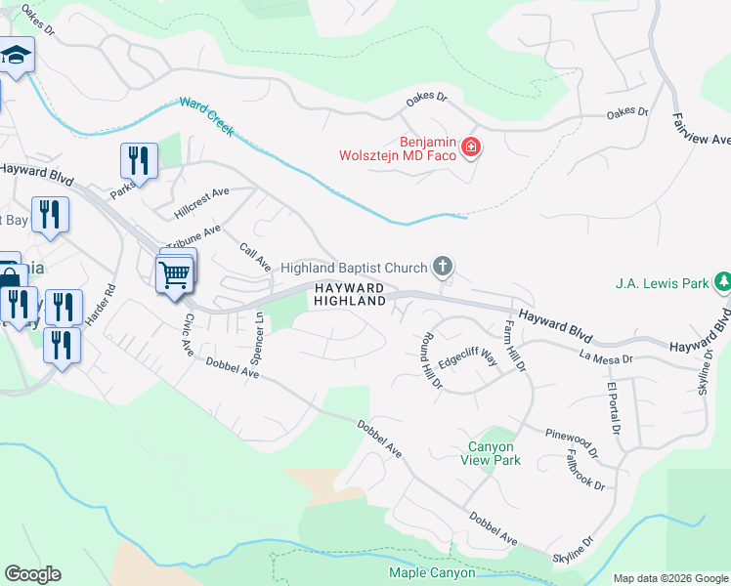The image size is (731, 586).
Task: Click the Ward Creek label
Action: pos(206,115)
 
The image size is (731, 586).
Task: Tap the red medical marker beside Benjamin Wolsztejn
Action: pos(471,147)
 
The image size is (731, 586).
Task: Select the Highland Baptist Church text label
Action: pos(354,268)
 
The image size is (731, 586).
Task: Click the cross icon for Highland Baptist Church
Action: pos(443,266)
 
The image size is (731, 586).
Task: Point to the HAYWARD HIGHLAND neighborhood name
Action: pos(350,295)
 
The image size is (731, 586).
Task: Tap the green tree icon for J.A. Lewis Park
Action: pos(722,283)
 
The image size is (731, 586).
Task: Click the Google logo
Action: pos(32,574)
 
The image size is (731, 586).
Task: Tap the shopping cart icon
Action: pos(174,275)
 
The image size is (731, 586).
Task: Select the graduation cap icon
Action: pos(17,56)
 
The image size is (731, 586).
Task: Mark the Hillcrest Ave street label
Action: pos(201,200)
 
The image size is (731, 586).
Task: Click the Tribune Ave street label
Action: pos(193,239)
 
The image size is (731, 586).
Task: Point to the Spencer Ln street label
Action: pos(259,334)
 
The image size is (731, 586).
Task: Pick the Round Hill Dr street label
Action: pos(431,362)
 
